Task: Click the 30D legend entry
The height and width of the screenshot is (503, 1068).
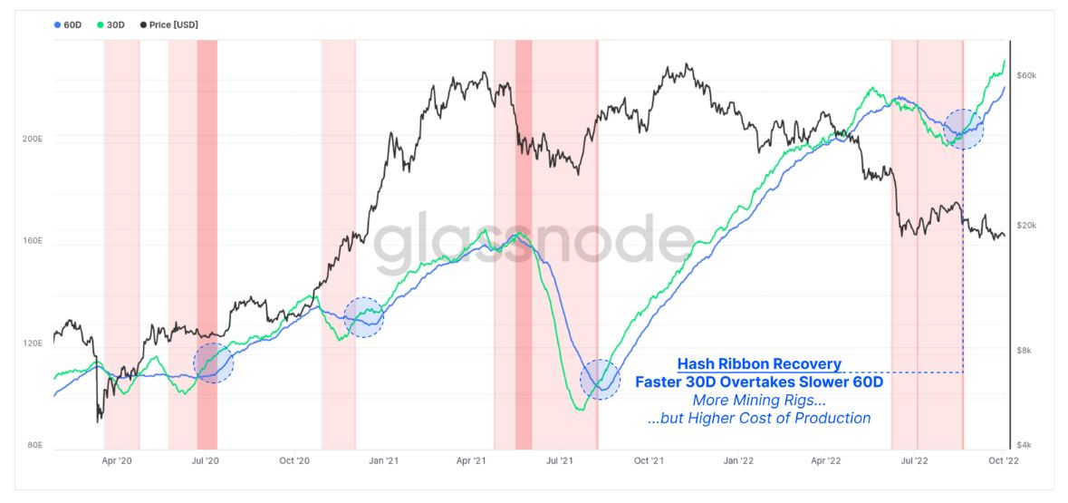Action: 110,24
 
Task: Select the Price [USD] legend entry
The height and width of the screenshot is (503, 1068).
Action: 168,24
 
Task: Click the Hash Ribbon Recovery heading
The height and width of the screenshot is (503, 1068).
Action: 759,364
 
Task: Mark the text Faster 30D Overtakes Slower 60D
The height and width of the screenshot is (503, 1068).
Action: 759,382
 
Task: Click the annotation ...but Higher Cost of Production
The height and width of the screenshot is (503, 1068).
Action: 759,418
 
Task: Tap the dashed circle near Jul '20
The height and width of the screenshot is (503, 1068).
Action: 214,363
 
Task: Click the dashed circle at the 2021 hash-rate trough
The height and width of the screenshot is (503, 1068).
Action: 600,380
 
